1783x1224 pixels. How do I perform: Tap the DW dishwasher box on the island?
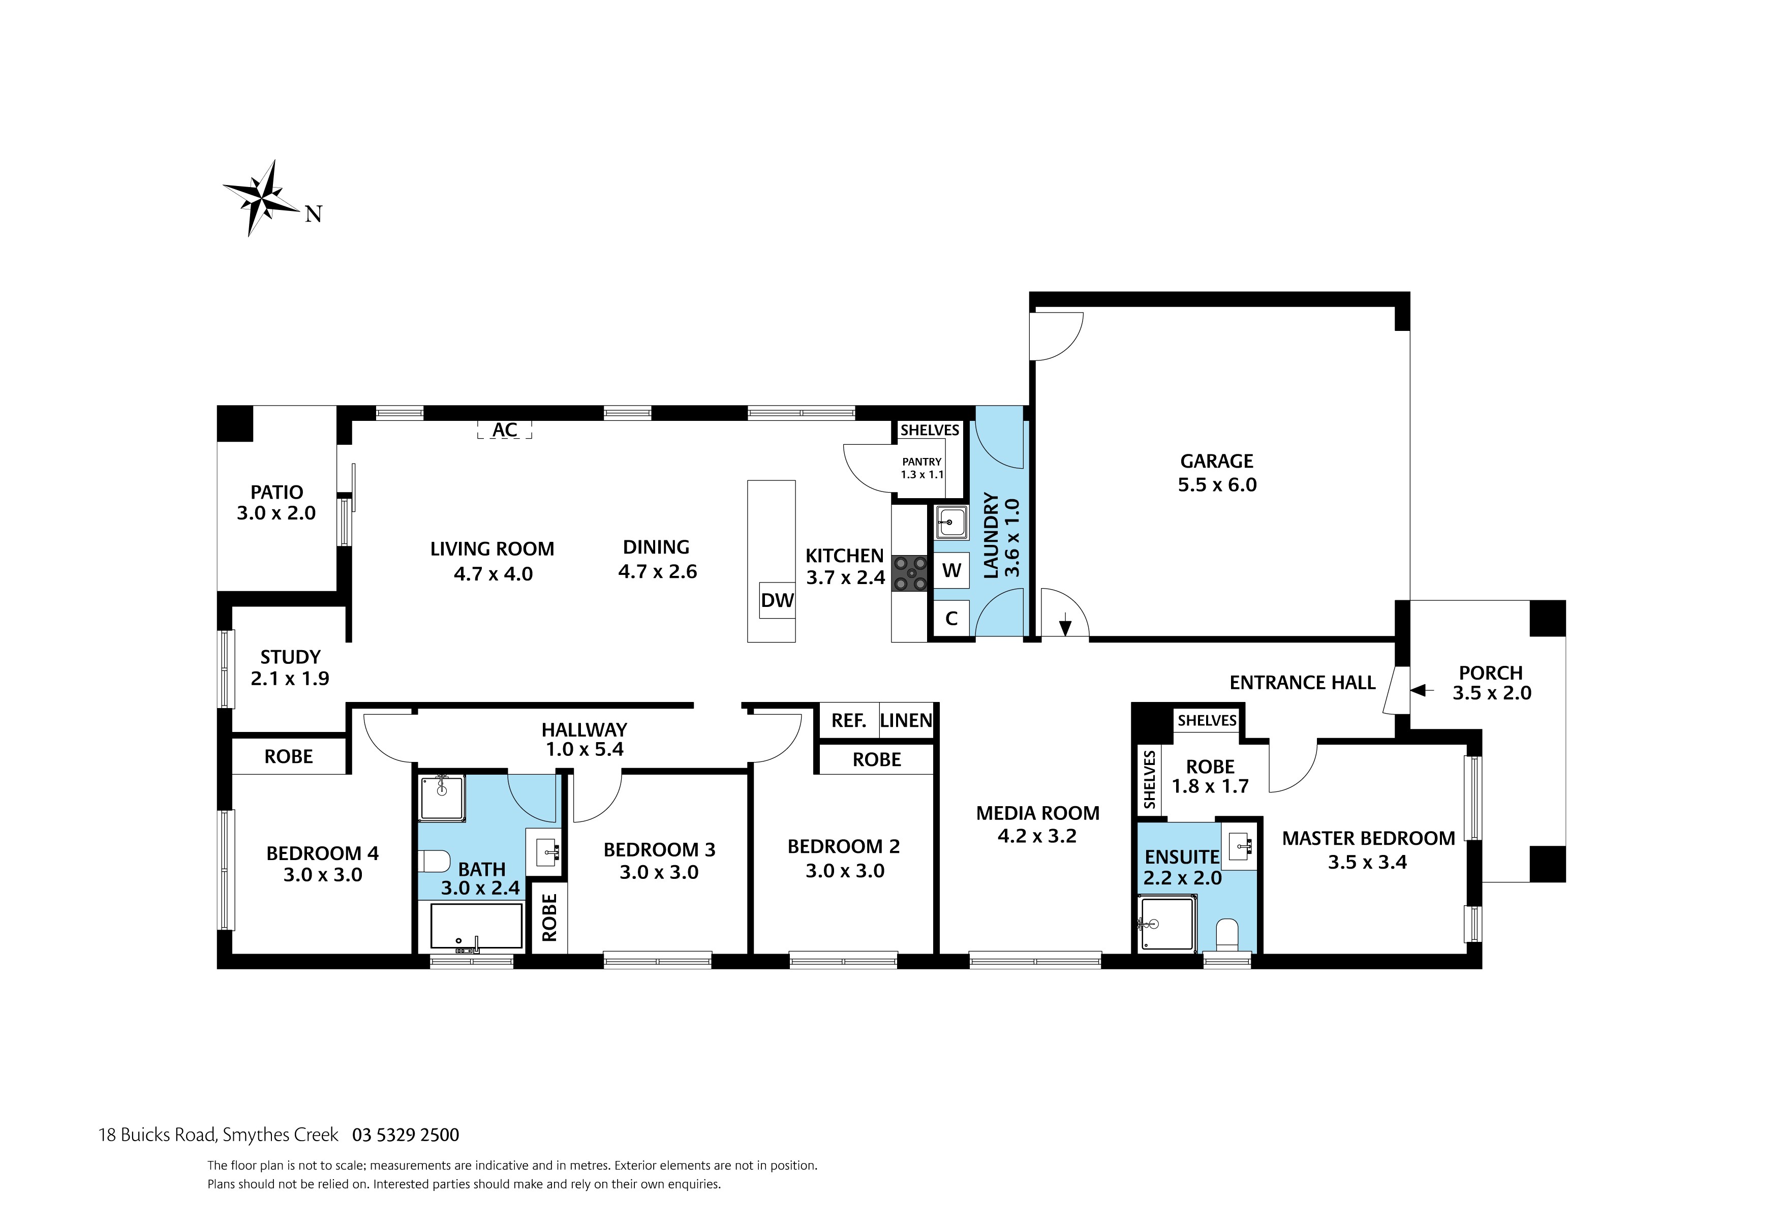(x=777, y=600)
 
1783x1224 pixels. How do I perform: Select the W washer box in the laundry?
(x=951, y=570)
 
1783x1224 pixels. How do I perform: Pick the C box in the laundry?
(x=951, y=619)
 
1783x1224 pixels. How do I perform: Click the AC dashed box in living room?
(x=504, y=430)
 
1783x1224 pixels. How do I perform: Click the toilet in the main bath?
(x=434, y=861)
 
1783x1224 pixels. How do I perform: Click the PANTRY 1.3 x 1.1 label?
(x=921, y=467)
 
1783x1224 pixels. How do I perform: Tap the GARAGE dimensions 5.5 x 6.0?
(x=1217, y=485)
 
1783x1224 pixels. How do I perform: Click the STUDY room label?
(x=290, y=657)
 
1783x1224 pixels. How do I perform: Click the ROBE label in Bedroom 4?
(x=289, y=757)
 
